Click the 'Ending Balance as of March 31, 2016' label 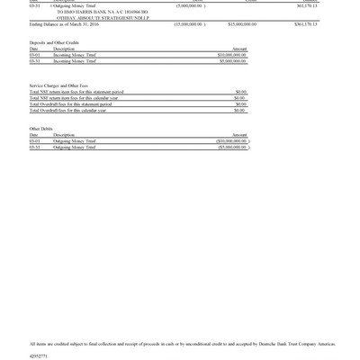click(64, 24)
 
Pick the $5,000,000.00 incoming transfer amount click(232, 61)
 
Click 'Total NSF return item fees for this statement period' click(76, 92)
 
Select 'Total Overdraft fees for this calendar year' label click(67, 111)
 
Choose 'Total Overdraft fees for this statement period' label click(70, 104)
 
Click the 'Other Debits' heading click(41, 129)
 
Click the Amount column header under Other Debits click(239, 135)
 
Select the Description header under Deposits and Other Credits click(64, 49)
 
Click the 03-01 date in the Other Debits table click(34, 141)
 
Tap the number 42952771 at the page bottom click(39, 356)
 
